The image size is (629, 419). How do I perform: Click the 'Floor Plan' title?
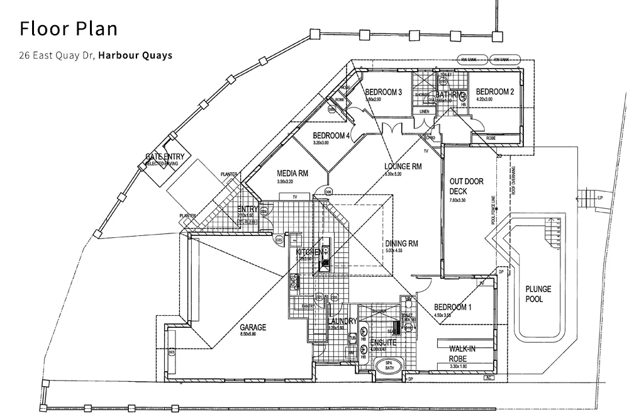(68, 29)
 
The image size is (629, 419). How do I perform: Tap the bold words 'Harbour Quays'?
(135, 55)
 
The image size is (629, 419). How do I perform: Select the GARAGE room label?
(253, 328)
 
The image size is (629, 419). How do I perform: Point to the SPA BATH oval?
(384, 367)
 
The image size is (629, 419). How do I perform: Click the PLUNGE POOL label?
(538, 294)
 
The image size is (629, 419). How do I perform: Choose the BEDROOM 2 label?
(495, 91)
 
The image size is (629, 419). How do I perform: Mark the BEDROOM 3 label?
(383, 92)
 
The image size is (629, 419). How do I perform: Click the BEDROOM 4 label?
(331, 135)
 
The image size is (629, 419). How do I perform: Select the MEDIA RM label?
(292, 173)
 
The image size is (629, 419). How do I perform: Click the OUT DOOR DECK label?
(466, 186)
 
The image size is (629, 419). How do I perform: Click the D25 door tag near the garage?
(279, 239)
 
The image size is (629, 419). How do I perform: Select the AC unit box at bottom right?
(488, 378)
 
